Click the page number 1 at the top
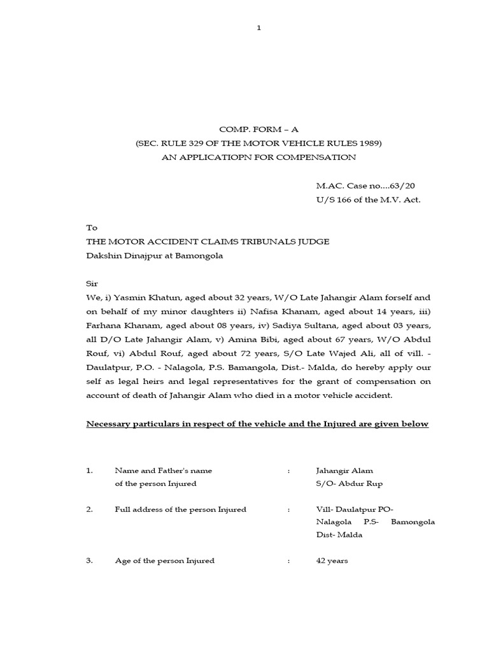click(259, 27)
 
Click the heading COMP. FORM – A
click(258, 129)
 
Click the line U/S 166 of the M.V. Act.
click(368, 200)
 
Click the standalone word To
click(92, 227)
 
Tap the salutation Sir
click(92, 283)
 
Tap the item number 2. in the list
click(90, 509)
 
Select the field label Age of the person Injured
click(164, 561)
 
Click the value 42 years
click(332, 561)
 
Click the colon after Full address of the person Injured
click(289, 509)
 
